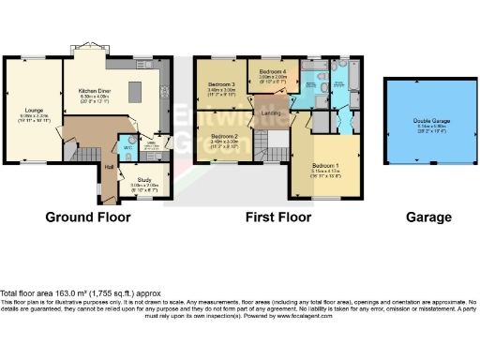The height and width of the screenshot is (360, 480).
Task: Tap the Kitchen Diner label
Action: [95, 93]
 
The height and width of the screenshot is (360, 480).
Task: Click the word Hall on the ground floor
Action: [109, 167]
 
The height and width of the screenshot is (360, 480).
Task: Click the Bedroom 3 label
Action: [220, 88]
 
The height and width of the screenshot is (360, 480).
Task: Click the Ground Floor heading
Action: [88, 217]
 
